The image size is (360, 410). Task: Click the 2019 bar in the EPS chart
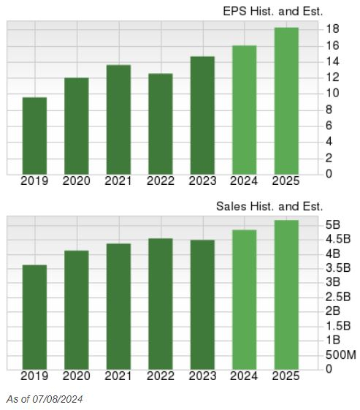point(34,136)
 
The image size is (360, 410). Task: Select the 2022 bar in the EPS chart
point(160,124)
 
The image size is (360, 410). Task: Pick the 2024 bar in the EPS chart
point(244,110)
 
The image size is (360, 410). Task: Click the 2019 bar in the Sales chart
point(34,317)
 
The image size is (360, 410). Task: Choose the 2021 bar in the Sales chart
point(118,306)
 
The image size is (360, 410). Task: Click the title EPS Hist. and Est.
point(272,11)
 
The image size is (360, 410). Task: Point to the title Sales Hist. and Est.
point(269,207)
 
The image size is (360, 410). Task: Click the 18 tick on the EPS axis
point(332,29)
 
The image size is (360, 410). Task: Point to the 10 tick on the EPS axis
point(332,94)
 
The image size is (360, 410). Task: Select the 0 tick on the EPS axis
point(329,174)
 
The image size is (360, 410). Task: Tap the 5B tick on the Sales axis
point(334,224)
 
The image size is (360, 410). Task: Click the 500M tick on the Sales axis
point(340,354)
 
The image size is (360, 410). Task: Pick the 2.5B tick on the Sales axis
point(338,297)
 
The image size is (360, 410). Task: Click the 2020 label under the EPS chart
point(76,181)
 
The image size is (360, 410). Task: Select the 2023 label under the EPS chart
point(202,181)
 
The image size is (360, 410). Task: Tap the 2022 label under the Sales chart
point(160,376)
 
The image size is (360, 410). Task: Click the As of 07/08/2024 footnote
point(45,399)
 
